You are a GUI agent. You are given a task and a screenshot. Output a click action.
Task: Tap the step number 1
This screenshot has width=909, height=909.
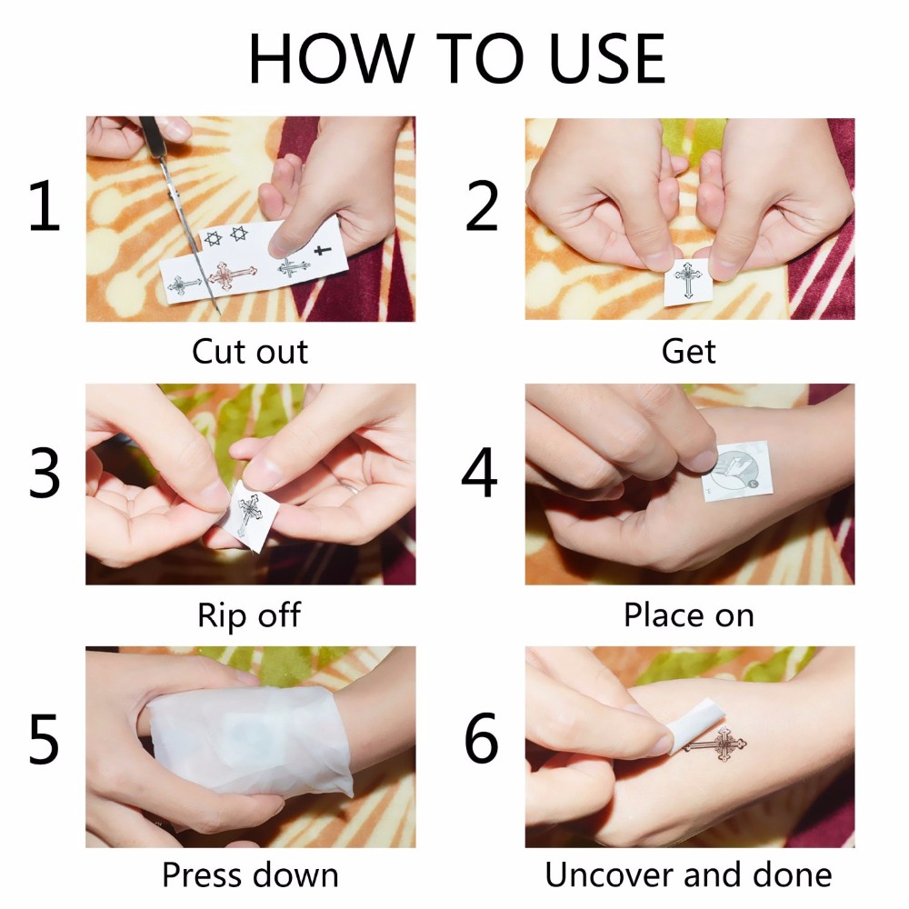[45, 205]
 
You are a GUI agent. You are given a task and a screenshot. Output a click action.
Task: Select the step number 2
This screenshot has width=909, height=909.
[482, 205]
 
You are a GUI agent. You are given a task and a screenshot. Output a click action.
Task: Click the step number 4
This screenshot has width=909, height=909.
[479, 472]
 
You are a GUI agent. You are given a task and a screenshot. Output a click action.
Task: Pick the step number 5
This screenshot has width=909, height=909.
[44, 738]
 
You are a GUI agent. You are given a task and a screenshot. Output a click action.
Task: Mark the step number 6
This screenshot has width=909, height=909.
[481, 738]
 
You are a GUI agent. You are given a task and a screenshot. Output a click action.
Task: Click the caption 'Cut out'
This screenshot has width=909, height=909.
[250, 351]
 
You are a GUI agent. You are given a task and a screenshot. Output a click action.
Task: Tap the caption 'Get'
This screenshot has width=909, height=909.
[689, 351]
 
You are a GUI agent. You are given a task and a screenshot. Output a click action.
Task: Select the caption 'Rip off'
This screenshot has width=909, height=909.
[249, 615]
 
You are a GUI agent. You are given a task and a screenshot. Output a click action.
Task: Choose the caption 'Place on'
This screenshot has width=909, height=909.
[689, 615]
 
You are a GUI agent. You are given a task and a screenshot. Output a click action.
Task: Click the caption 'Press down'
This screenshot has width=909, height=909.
[250, 875]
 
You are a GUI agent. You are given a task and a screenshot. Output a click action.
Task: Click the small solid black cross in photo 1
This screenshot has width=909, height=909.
[323, 251]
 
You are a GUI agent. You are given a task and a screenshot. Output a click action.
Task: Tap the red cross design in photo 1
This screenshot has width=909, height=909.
[231, 276]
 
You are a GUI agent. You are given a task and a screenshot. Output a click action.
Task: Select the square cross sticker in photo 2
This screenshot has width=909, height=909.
[687, 283]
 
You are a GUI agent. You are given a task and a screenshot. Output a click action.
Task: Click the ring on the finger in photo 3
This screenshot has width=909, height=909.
[351, 487]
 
